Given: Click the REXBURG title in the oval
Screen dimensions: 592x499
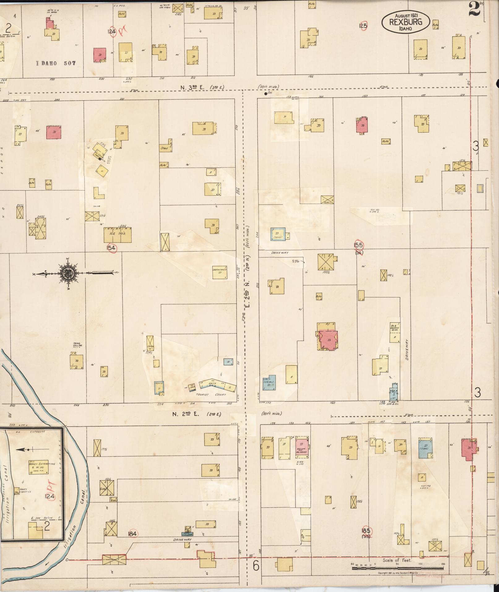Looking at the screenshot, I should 405,22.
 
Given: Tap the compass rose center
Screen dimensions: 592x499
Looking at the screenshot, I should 67,273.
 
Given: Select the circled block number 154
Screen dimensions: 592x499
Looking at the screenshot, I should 111,248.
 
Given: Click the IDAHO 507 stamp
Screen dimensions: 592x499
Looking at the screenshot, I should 56,63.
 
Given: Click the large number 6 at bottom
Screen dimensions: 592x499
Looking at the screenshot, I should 256,566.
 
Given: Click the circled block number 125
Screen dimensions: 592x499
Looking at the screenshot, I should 363,26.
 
